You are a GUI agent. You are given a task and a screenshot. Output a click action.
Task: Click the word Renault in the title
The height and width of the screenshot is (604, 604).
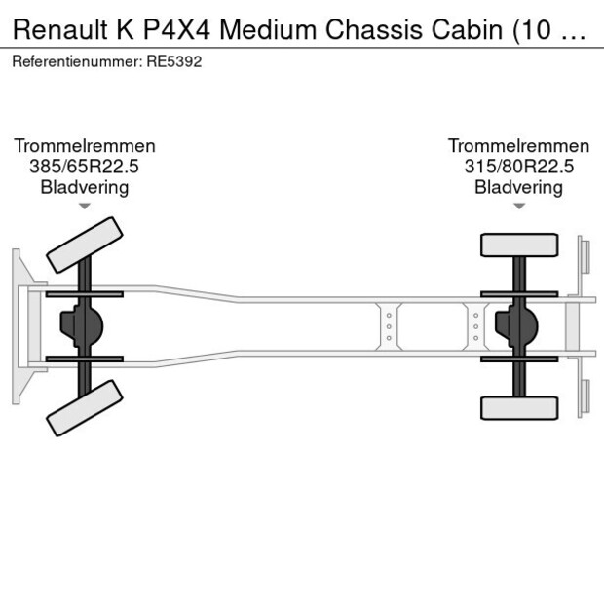[59, 29]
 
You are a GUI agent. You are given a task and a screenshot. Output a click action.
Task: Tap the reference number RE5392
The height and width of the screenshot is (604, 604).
[174, 61]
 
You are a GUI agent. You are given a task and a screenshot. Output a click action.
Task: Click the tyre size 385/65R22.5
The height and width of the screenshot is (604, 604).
[84, 167]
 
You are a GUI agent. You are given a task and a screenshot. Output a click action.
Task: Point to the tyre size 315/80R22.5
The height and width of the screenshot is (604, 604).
[519, 167]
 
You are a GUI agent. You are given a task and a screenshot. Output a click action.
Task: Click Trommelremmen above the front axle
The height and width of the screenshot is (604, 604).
[85, 146]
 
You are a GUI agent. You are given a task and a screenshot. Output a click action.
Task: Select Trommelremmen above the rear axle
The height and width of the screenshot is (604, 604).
[519, 146]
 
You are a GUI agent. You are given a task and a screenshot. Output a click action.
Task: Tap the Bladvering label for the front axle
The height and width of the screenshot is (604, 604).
[85, 188]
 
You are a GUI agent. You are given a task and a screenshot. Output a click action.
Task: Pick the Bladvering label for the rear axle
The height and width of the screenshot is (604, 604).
[519, 188]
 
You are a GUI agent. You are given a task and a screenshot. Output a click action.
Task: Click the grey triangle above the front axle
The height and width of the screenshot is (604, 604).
[85, 207]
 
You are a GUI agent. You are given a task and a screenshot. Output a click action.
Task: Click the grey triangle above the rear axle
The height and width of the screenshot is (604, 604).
[519, 207]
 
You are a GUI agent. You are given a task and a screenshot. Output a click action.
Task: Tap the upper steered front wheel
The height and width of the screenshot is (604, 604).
[85, 245]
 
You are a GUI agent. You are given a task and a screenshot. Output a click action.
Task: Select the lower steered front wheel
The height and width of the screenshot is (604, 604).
[85, 408]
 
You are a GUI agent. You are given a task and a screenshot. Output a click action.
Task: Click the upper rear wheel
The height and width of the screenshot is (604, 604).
[519, 245]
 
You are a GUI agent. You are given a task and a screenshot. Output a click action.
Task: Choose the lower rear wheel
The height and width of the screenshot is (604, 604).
[519, 408]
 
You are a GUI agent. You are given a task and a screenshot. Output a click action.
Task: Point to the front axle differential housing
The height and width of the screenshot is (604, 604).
[82, 326]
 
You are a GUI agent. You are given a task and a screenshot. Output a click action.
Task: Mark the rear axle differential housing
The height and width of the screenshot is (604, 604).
[516, 326]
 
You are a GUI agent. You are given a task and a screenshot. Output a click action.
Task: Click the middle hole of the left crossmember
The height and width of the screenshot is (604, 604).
[389, 326]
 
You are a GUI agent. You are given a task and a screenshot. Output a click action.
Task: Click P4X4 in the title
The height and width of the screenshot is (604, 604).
[176, 29]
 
